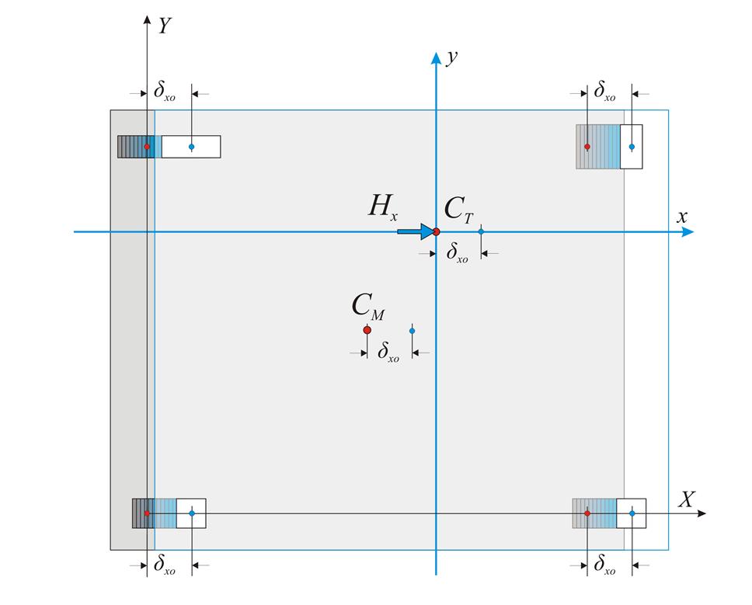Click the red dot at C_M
pos(367,330)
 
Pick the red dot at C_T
pos(436,231)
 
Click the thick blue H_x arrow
pos(414,231)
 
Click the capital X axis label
pos(686,499)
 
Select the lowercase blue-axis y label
pos(450,57)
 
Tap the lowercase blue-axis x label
pos(682,217)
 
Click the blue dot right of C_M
pos(412,331)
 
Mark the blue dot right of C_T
pos(481,231)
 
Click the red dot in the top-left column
pos(147,147)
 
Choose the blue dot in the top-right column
pos(632,147)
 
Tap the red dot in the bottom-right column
pos(587,513)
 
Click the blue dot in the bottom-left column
pos(191,513)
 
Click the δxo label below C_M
pos(388,353)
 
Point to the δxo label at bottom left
pos(164,567)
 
